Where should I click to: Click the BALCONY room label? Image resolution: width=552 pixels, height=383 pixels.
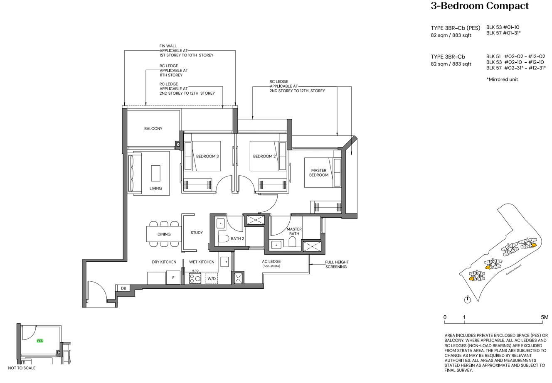pyautogui.click(x=153, y=129)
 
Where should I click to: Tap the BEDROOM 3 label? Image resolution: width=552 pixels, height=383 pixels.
pyautogui.click(x=207, y=157)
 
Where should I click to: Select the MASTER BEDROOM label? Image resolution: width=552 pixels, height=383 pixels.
pyautogui.click(x=318, y=173)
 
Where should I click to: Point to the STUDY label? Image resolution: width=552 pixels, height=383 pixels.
pyautogui.click(x=197, y=233)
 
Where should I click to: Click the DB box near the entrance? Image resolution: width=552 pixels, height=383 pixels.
pyautogui.click(x=123, y=288)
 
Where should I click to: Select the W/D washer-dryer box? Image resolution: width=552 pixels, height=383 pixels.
pyautogui.click(x=212, y=278)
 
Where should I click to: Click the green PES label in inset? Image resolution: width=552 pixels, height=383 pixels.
pyautogui.click(x=40, y=341)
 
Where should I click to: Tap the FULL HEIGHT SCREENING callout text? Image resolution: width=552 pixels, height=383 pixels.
pyautogui.click(x=337, y=265)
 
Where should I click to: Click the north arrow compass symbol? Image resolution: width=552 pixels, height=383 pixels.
pyautogui.click(x=468, y=299)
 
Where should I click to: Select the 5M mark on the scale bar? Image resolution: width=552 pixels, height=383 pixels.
pyautogui.click(x=545, y=317)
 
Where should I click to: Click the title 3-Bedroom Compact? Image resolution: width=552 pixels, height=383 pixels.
pyautogui.click(x=480, y=6)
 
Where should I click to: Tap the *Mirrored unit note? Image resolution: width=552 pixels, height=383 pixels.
pyautogui.click(x=502, y=79)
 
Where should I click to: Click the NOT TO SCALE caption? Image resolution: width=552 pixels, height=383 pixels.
pyautogui.click(x=22, y=368)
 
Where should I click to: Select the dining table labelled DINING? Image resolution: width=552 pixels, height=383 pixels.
pyautogui.click(x=164, y=234)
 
